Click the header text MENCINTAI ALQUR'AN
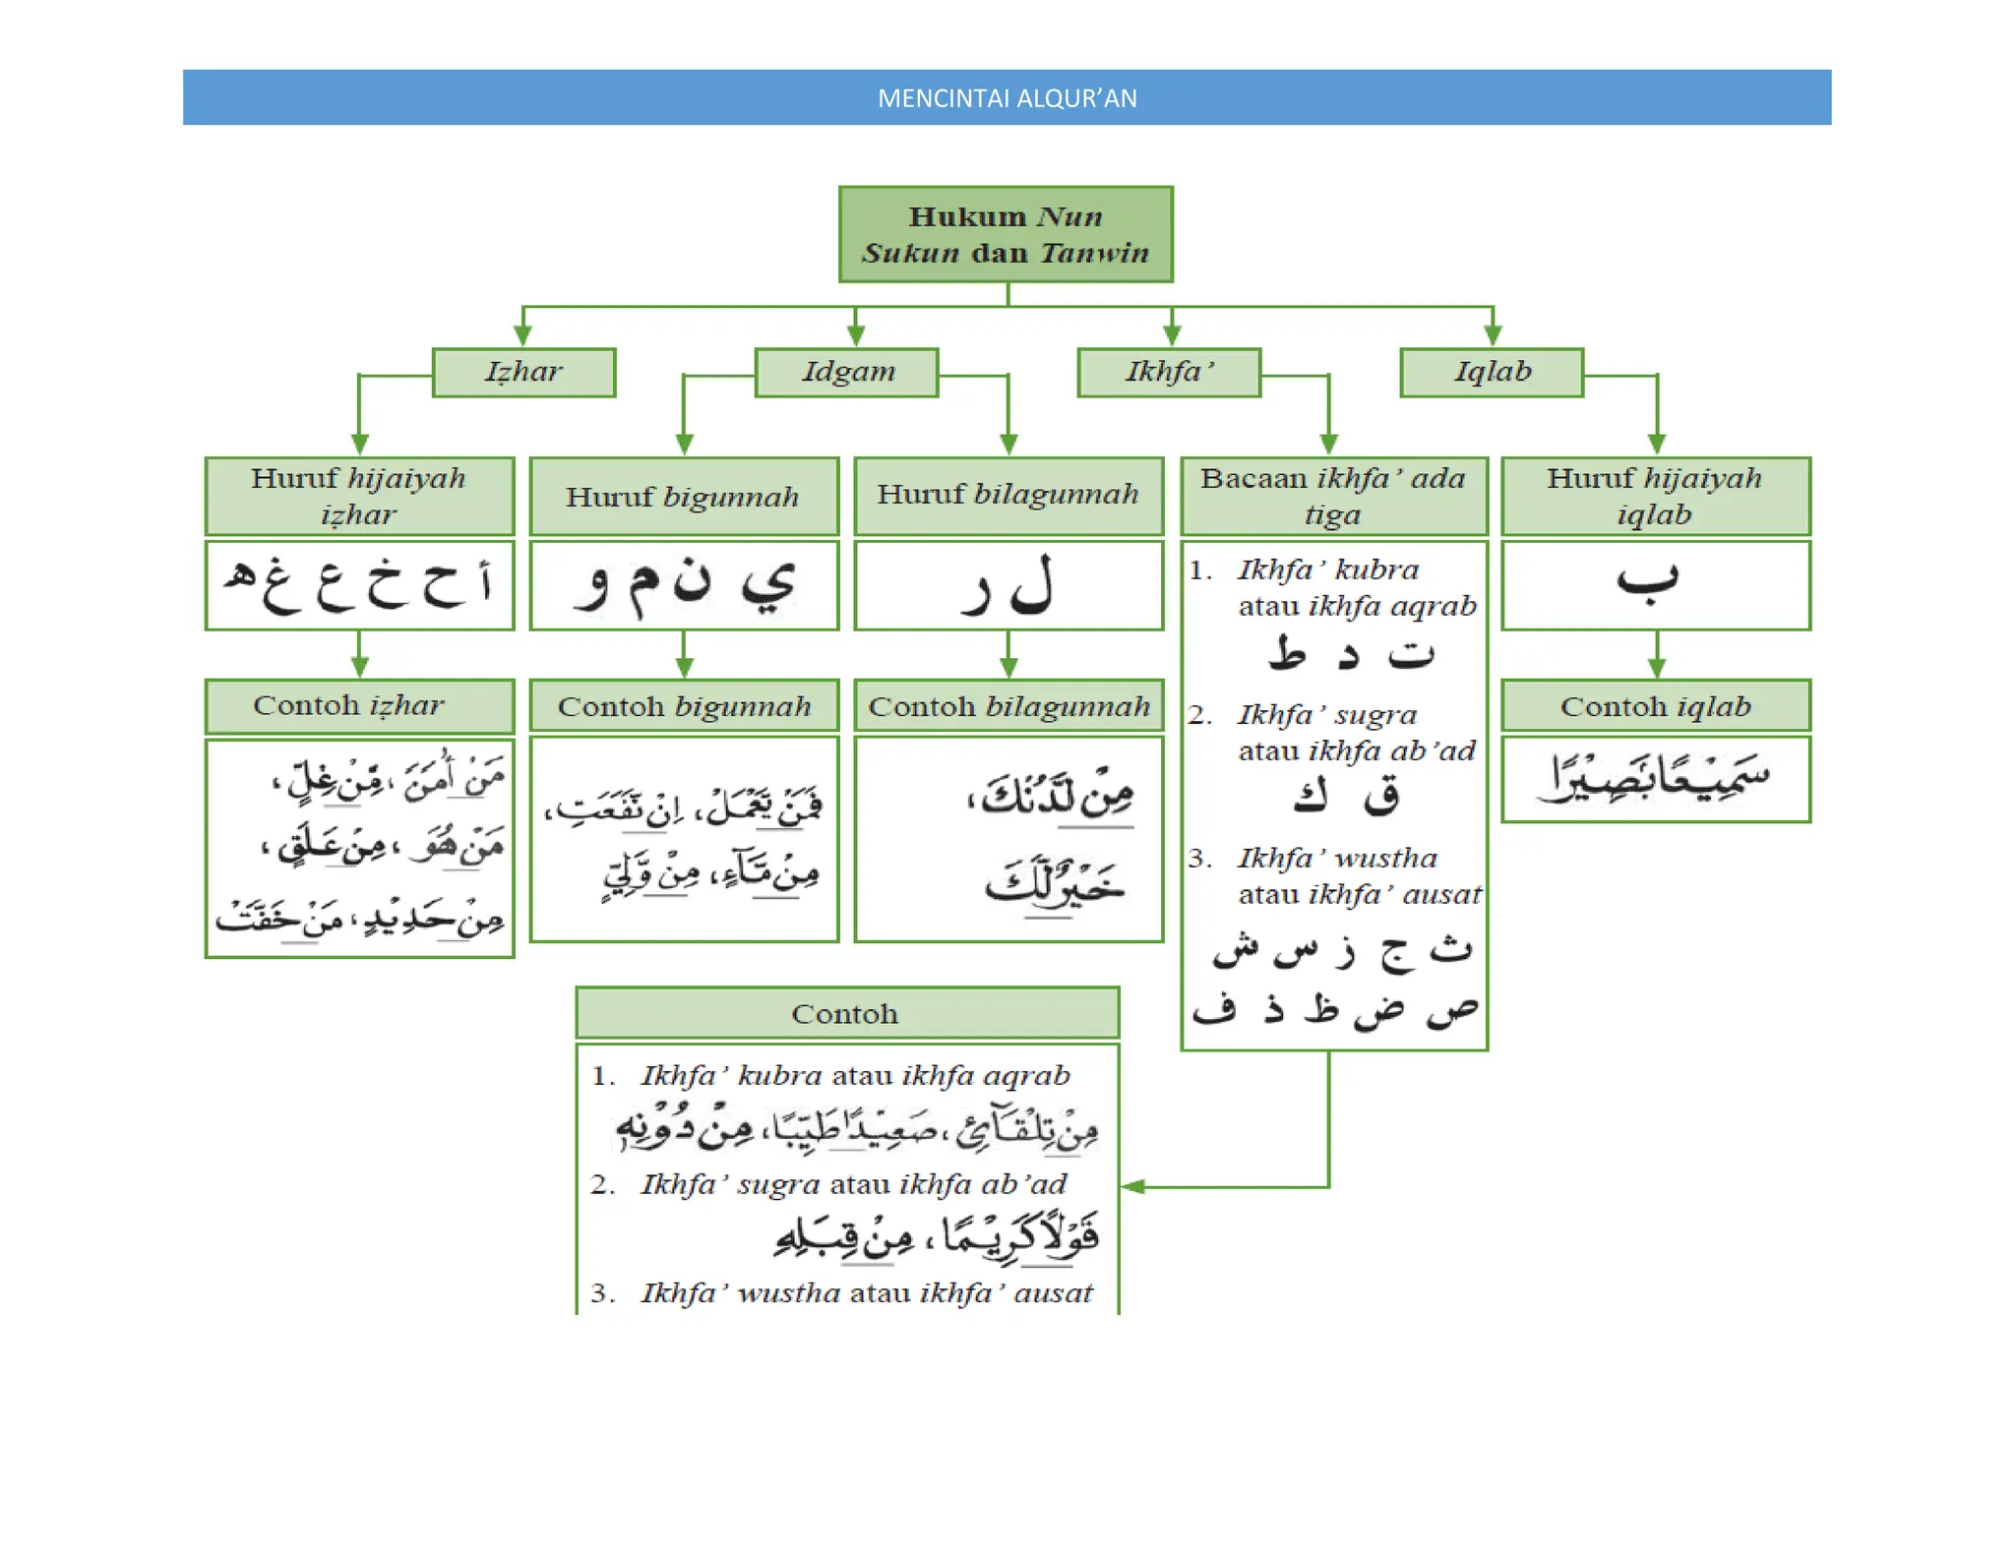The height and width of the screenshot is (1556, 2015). [1007, 98]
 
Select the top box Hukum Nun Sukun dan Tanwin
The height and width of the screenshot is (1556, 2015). [1006, 234]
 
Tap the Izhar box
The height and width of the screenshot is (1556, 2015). [523, 372]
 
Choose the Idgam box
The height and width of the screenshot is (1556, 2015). [847, 372]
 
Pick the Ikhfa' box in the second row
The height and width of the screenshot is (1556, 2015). [1169, 372]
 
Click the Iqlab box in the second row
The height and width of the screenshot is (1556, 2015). [1492, 372]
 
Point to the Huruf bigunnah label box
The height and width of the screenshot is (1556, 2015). [684, 497]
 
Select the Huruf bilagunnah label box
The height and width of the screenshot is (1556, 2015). [1008, 495]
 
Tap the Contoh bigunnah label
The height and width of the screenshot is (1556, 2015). [684, 706]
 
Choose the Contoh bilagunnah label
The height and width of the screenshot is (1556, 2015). [1008, 706]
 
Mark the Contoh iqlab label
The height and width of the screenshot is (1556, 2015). [1656, 706]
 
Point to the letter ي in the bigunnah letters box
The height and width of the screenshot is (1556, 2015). [767, 584]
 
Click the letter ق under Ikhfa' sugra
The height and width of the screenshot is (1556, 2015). [1381, 796]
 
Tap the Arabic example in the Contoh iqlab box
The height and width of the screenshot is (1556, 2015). [1655, 778]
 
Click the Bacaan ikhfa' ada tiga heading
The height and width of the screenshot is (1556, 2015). [1333, 496]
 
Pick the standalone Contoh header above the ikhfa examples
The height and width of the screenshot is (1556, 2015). [846, 1013]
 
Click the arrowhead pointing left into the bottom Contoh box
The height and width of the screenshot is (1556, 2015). [1132, 1187]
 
